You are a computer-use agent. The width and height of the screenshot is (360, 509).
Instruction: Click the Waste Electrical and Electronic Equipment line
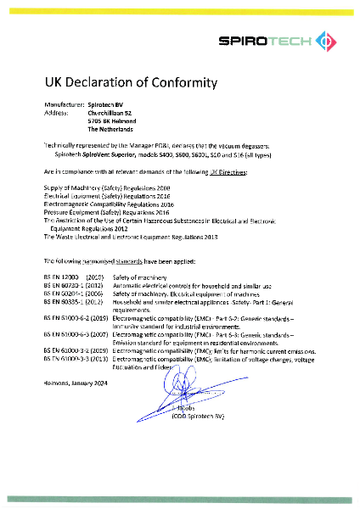click(124, 238)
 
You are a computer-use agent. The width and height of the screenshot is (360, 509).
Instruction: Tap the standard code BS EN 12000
click(61, 277)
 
